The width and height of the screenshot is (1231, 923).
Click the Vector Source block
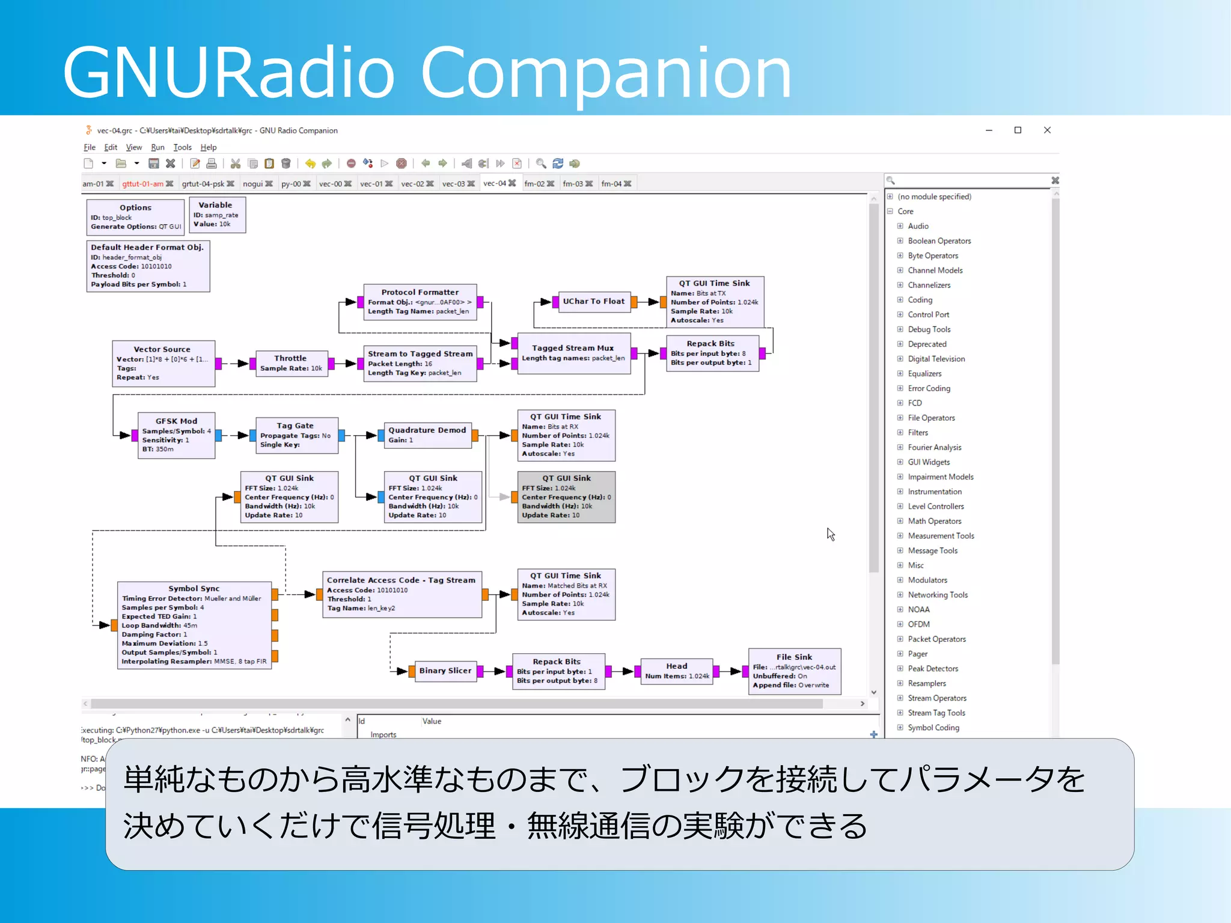163,363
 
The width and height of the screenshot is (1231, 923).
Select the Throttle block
291,363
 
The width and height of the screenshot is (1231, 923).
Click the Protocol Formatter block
420,301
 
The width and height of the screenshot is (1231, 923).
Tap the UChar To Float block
593,302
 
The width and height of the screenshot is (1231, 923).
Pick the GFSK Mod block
176,435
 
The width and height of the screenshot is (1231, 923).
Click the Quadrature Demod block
427,434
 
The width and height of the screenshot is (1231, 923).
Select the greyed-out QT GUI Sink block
566,496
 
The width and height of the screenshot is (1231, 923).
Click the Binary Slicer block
445,671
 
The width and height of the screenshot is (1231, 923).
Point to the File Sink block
794,671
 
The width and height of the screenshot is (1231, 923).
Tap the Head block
677,671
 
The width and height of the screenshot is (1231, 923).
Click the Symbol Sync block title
194,588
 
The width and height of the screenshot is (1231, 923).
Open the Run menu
157,147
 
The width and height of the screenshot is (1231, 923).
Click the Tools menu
182,147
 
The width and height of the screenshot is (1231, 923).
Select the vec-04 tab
495,183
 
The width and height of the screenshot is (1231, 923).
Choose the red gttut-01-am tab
142,184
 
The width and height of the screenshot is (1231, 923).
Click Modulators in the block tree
927,580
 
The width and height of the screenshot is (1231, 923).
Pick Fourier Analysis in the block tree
934,447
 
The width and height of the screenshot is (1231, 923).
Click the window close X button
1047,130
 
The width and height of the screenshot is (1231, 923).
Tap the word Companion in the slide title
606,73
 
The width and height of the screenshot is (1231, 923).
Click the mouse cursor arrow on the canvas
830,533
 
